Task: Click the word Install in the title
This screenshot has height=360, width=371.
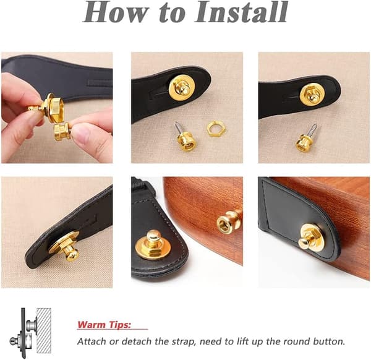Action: [x=241, y=12]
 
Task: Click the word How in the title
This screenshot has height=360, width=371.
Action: [x=116, y=12]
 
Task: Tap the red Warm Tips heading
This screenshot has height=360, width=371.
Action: [x=104, y=325]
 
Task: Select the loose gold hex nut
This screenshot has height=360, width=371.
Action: [x=216, y=129]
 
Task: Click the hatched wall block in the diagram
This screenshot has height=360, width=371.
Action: [x=44, y=331]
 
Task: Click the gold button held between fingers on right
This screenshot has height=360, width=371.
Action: [x=62, y=131]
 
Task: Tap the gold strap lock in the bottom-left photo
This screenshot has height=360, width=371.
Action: [x=66, y=247]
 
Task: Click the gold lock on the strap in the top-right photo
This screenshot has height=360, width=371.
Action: [x=312, y=94]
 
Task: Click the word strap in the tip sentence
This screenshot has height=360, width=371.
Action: [x=184, y=342]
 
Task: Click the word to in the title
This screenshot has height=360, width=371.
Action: [x=172, y=14]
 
